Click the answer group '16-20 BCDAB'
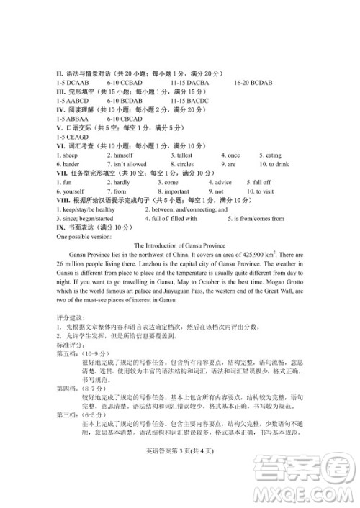[x=253, y=83]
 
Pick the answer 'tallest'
[x=184, y=155]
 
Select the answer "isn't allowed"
[x=130, y=164]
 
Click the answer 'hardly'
[x=122, y=183]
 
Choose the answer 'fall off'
[x=259, y=183]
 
